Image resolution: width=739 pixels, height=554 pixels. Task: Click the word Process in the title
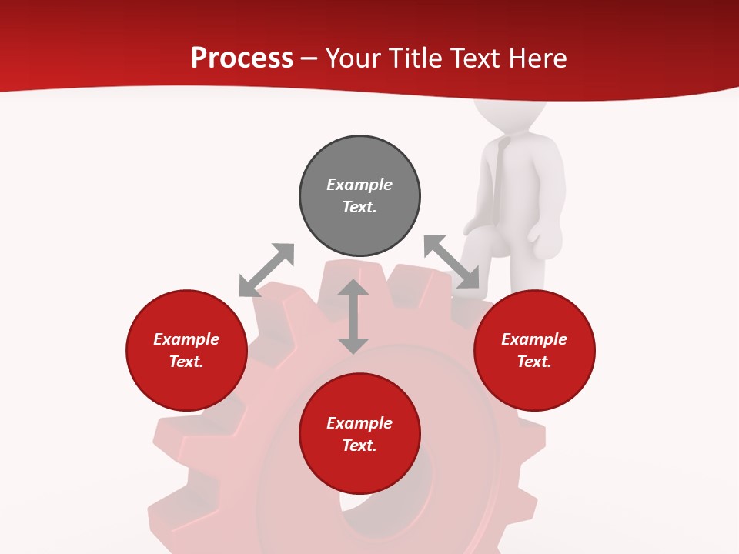[242, 58]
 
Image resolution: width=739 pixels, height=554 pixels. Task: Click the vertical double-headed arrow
[353, 316]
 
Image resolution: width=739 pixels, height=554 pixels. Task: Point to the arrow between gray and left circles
[266, 270]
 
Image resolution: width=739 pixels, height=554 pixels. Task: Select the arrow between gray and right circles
[451, 262]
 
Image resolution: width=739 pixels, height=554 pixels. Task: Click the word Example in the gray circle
[359, 185]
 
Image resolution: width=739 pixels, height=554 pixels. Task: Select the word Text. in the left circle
[186, 362]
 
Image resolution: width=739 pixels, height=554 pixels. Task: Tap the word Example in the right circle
[534, 339]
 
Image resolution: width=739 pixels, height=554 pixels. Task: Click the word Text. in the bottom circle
[359, 446]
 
